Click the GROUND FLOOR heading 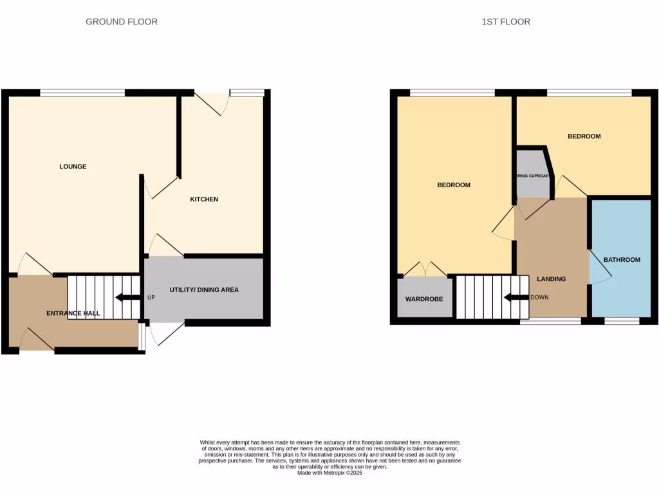coord(122,22)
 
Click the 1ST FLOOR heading coord(506,22)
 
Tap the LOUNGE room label coord(73,167)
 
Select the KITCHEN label coord(204,199)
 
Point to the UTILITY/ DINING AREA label coord(204,290)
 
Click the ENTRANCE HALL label coord(73,314)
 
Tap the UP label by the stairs coord(151,298)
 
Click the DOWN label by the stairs coord(539,298)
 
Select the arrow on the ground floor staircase coord(128,298)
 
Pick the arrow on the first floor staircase coord(516,298)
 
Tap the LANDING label coord(552,279)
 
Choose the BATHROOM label coord(622,260)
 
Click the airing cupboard coord(534,176)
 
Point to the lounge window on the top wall coord(82,93)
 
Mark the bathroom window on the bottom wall coord(622,320)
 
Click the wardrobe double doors coord(425,269)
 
